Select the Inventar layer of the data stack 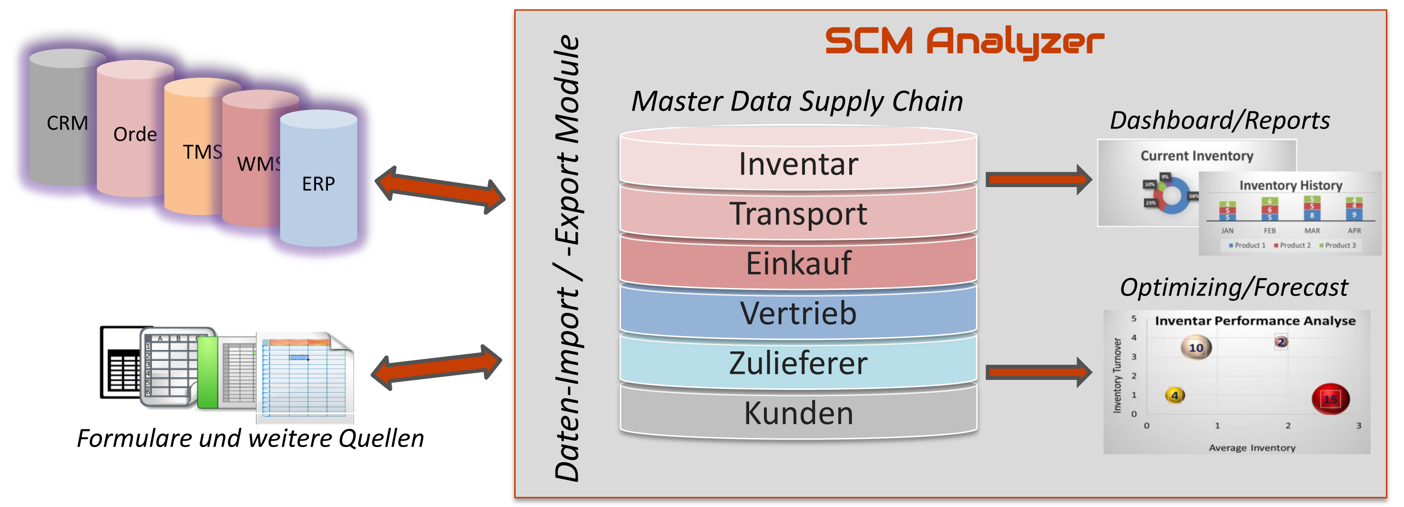pos(798,164)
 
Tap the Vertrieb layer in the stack pos(798,313)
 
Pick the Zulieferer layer pos(798,363)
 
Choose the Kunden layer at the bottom pos(798,413)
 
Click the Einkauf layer pos(798,264)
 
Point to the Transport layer pos(798,213)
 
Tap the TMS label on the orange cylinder pos(202,152)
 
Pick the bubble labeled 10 pos(1196,348)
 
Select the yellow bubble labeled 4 pos(1175,395)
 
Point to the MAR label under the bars pos(1312,231)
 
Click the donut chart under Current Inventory pos(1171,194)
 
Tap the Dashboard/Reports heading pos(1220,120)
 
